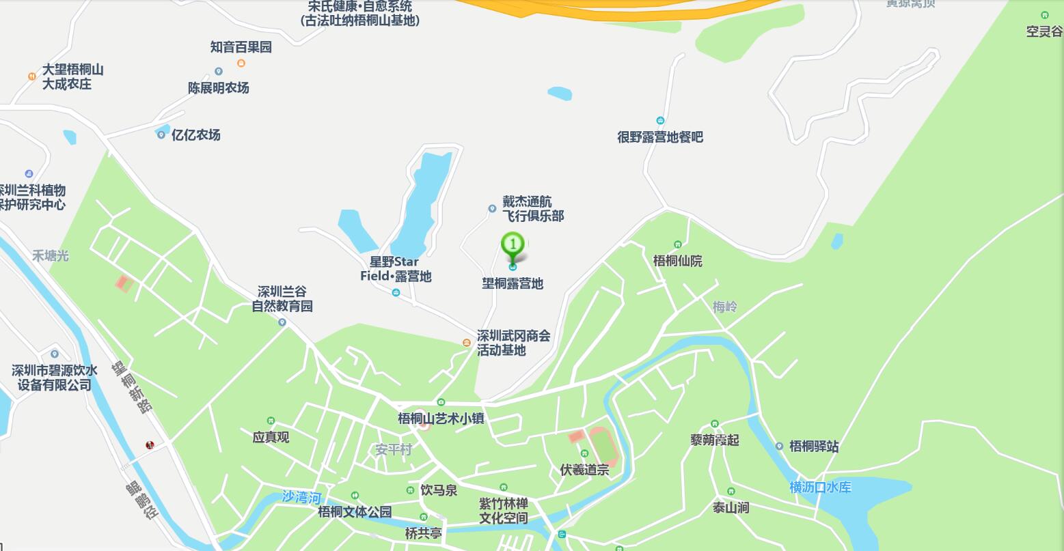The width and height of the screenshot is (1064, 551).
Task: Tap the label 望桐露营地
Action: pos(513,283)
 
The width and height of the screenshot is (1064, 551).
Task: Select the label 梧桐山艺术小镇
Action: pos(441,418)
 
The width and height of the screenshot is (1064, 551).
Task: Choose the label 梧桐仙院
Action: pos(677,261)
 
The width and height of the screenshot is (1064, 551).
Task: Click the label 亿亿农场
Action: pos(195,135)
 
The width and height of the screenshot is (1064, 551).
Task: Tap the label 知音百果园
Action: pos(241,47)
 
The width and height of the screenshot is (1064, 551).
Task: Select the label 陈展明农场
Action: pos(219,88)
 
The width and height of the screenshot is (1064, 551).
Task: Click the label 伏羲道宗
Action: pos(584,470)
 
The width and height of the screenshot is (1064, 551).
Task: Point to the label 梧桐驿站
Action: pos(813,447)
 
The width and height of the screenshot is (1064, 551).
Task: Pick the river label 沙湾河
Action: pos(301,497)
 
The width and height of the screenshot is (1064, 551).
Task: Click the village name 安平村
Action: pos(394,450)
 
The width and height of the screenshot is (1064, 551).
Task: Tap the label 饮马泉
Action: pos(439,490)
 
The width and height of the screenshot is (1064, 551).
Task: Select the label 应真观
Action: pos(271,437)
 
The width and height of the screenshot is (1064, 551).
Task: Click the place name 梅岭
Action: pos(724,307)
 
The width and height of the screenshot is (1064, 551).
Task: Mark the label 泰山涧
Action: pos(731,507)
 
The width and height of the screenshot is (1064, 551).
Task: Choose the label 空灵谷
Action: pos(1044,31)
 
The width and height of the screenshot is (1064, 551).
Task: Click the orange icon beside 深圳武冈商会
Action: pos(466,343)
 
